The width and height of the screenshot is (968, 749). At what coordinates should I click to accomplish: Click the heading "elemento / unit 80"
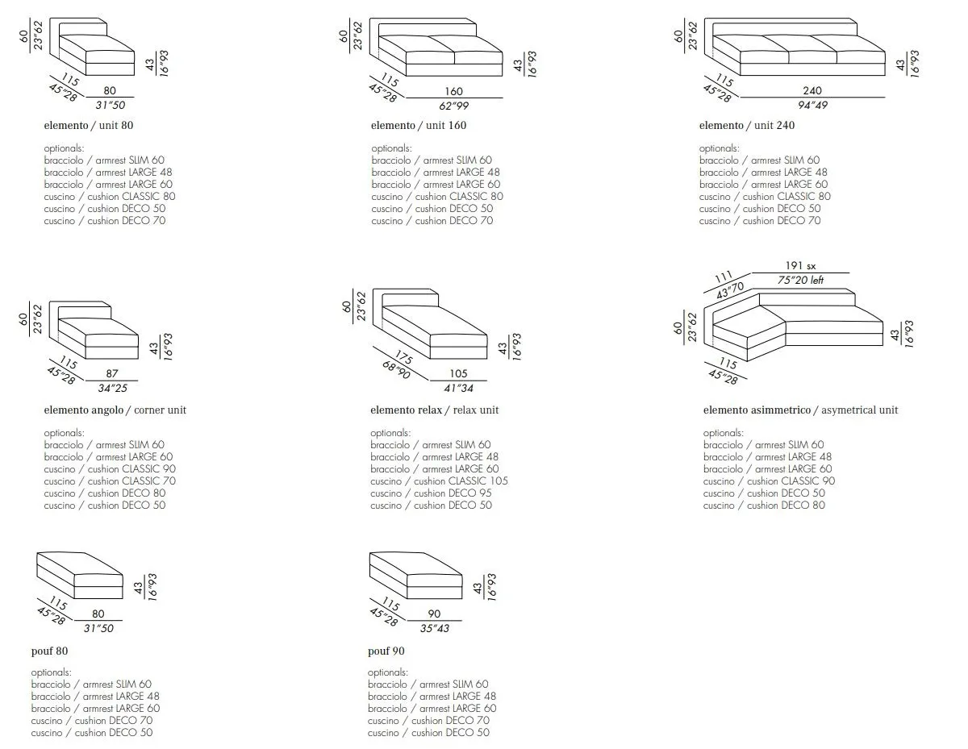coord(88,125)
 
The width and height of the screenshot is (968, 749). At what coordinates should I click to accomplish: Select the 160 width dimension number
coord(453,91)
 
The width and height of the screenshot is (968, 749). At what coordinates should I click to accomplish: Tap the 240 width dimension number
coord(812,91)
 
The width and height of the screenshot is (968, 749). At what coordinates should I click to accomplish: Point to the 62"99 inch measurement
coord(453,106)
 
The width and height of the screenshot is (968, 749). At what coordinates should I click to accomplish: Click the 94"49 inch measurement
coord(812,106)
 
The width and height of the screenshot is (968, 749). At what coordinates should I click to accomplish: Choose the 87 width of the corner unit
coord(112,373)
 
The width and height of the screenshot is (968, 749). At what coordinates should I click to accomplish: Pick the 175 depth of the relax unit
coord(403,356)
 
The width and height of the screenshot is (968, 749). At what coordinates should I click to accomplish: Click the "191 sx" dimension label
coord(800,266)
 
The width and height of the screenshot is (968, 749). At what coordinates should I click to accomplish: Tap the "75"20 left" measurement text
coord(800,280)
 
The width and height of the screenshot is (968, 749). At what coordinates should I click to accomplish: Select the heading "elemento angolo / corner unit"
coord(115,410)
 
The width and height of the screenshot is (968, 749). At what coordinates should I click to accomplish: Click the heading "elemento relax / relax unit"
coord(434,410)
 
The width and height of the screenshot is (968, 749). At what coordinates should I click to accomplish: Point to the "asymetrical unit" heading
coord(859,410)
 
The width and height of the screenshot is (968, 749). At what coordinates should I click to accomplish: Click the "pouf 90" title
coord(386,651)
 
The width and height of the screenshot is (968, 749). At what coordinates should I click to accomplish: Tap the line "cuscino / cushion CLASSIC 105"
coord(439,481)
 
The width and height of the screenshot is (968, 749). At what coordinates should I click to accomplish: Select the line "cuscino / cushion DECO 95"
coord(431,493)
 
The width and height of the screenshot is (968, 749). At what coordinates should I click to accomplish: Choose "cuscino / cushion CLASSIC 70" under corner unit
coord(110,481)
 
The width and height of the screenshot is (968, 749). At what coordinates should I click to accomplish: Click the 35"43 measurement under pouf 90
coord(434,628)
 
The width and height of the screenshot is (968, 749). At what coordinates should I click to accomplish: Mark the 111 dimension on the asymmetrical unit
coord(723,277)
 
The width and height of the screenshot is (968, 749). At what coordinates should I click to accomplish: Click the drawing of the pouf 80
coord(79,576)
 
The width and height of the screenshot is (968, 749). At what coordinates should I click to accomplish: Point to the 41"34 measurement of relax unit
coord(458,388)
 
